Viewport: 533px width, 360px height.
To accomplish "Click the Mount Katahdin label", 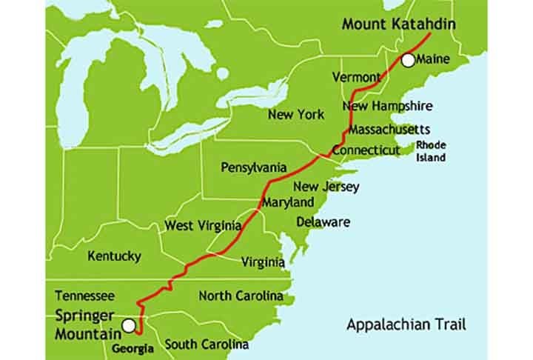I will click(398, 24).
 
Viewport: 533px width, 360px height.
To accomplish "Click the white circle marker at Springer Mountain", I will click(130, 325).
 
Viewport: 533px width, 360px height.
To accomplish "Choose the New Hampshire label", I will click(387, 106).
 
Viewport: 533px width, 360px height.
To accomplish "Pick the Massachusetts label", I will click(389, 129).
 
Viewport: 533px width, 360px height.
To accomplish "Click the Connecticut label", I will click(365, 150).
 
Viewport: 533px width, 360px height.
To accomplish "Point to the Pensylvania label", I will click(254, 167).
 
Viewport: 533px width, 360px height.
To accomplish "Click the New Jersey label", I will click(326, 187).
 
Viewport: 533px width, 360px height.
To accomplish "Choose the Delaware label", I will click(324, 221).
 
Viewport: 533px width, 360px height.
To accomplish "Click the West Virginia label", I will click(202, 225).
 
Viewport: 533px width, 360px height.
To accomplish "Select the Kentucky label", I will click(114, 256).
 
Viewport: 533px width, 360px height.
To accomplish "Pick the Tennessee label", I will click(84, 295).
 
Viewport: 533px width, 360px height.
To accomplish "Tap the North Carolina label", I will click(241, 296).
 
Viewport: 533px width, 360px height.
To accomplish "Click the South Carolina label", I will click(207, 344).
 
